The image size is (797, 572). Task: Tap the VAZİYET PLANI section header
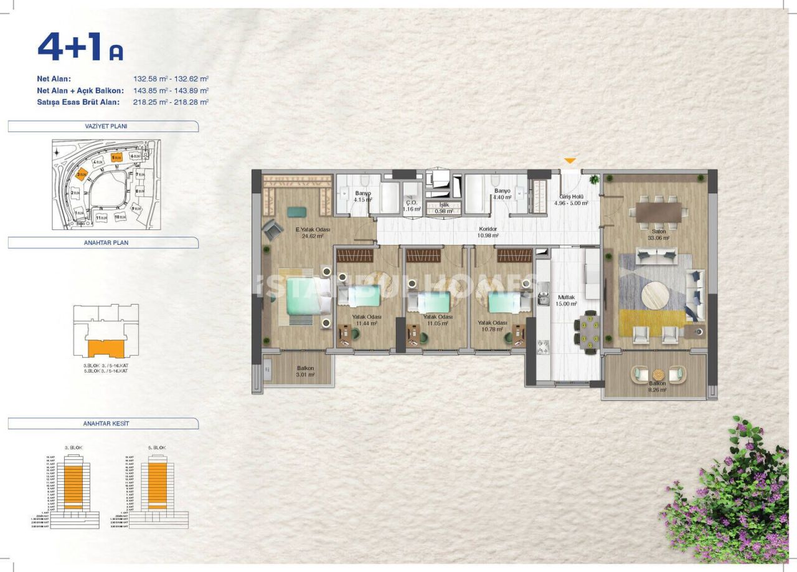[102, 126]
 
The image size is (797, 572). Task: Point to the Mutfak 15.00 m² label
[566, 301]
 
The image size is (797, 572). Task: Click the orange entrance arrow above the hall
[570, 161]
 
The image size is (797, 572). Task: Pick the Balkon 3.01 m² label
[305, 371]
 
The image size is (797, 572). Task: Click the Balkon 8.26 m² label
[657, 387]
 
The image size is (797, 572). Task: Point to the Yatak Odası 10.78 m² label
[493, 326]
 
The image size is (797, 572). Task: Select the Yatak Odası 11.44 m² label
[365, 320]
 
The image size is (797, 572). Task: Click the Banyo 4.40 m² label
[502, 194]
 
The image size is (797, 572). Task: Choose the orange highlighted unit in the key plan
[101, 349]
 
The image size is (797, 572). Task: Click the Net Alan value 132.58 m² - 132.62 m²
[171, 79]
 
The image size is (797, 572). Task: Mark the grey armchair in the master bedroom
[272, 232]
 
